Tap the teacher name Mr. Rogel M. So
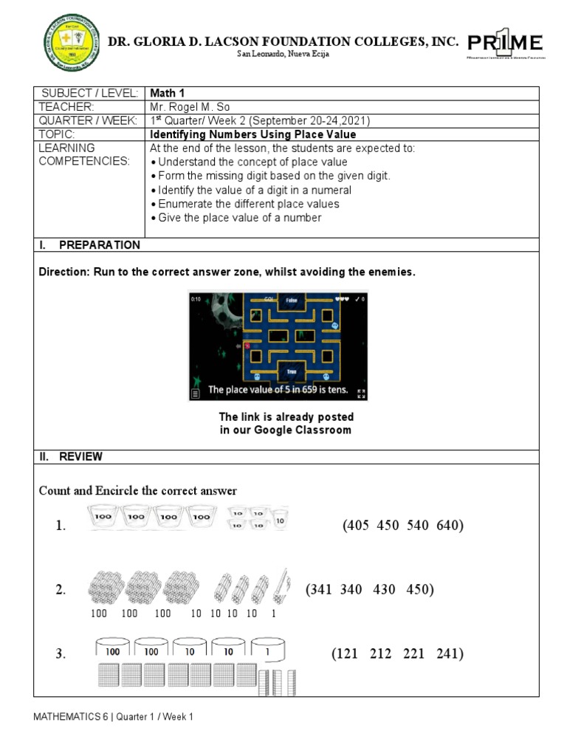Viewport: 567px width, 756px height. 190,107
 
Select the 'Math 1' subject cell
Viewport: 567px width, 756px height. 166,93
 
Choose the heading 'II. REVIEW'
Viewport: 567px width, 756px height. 71,457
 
